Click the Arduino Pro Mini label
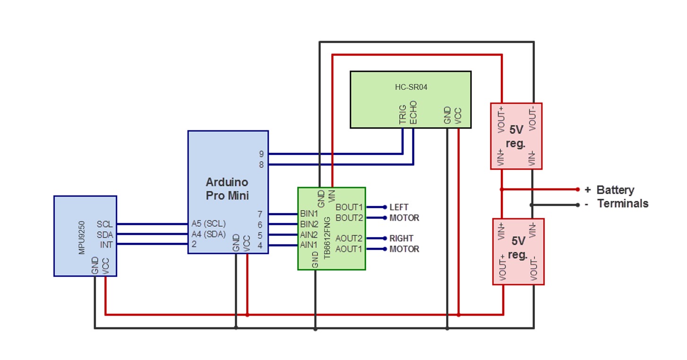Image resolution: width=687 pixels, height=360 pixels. [227, 189]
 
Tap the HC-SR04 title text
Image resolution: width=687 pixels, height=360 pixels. [410, 87]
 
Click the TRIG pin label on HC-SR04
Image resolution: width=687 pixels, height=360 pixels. [403, 115]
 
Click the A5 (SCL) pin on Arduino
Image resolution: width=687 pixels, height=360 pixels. [208, 223]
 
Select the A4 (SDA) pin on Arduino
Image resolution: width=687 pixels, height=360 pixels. [208, 234]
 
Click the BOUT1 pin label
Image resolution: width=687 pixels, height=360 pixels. [349, 207]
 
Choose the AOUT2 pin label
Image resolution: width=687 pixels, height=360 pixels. [349, 239]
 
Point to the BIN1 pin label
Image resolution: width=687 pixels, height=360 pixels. [309, 214]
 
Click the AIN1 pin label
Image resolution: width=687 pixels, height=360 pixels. [309, 245]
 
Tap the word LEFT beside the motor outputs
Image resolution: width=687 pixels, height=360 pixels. [399, 207]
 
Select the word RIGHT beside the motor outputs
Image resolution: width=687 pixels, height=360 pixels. [401, 239]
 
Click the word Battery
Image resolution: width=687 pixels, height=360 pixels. [615, 190]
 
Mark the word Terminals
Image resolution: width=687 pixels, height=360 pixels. [623, 204]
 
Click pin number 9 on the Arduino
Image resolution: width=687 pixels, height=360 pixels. [261, 154]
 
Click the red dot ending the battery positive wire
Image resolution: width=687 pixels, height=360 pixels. [577, 189]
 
